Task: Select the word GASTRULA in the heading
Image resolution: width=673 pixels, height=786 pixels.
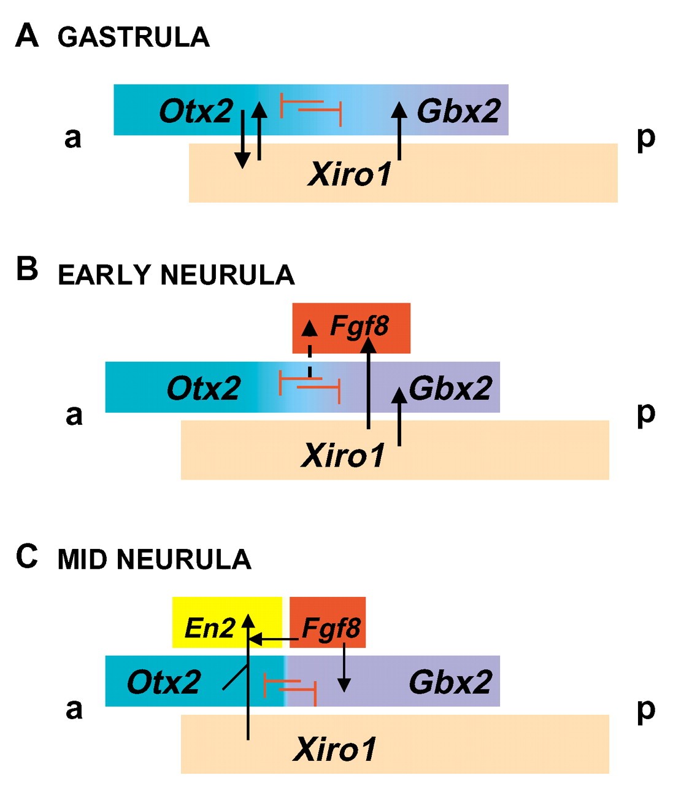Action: point(134,37)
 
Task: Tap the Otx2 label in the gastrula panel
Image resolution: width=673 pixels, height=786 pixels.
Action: point(196,111)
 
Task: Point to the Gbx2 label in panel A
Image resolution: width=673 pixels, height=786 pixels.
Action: point(458,111)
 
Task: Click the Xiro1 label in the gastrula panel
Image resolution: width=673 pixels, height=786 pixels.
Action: point(350,174)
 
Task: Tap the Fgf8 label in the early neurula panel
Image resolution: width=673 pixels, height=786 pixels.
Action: point(360,326)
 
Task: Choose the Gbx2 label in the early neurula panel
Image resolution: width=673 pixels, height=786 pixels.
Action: point(450,388)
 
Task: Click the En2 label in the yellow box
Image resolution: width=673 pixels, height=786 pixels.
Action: point(210,628)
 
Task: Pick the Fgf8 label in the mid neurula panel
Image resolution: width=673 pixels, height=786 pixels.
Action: point(331,628)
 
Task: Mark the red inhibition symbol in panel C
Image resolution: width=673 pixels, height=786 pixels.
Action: point(290,685)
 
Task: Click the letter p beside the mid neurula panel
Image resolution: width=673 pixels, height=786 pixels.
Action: point(645,710)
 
